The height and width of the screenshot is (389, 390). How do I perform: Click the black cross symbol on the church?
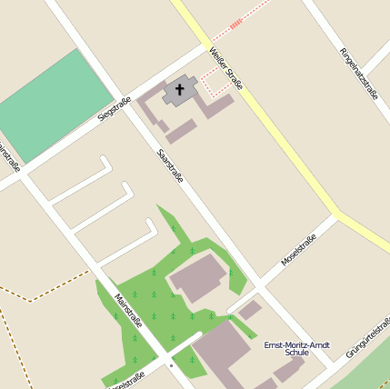pos(180,90)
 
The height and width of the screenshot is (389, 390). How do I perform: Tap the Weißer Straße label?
pos(225,69)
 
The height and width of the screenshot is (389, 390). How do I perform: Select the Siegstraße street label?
pos(115,109)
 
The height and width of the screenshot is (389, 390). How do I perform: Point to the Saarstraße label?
pos(170,165)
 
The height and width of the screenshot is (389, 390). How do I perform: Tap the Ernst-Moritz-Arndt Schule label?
pos(296,348)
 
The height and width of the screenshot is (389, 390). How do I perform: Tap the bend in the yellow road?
pos(337,215)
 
